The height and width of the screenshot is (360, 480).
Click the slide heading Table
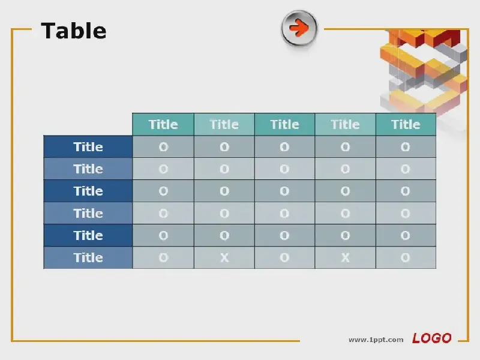73,31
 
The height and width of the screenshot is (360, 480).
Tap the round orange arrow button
299,28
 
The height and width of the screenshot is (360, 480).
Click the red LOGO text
431,338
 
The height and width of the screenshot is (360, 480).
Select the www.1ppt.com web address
376,340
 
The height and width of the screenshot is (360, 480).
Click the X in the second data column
224,258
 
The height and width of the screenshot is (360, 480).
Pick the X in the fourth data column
346,258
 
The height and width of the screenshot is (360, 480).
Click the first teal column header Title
163,125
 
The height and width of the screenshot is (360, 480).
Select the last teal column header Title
406,125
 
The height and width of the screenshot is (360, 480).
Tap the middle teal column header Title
284,125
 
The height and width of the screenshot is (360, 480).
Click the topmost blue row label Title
88,147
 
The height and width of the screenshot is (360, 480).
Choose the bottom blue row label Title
88,258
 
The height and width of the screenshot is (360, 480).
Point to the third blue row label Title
88,191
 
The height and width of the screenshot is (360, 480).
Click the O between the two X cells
284,258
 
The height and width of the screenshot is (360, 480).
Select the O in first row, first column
163,147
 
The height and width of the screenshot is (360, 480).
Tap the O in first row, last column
406,147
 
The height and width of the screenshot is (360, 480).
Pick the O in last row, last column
406,258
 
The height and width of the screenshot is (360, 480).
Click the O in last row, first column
163,258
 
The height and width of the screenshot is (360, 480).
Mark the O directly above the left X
224,235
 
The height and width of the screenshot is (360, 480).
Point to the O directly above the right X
346,235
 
